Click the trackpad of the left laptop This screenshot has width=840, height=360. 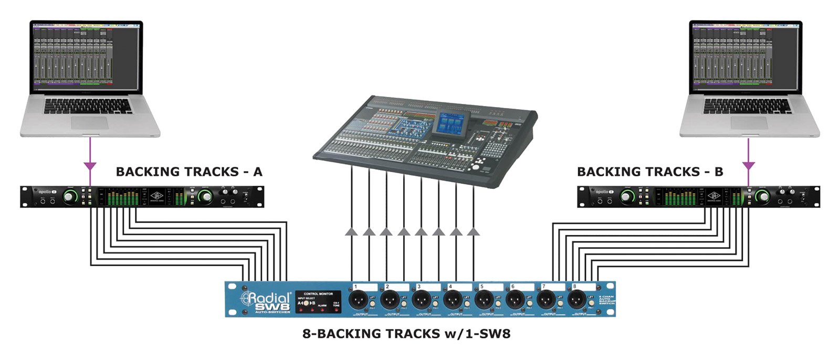tap(89, 123)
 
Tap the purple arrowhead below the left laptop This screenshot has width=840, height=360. tap(90, 166)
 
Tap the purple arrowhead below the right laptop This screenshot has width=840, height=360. tap(748, 166)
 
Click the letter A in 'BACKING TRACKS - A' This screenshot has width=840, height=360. tap(257, 172)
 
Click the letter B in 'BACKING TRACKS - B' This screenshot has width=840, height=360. tap(719, 172)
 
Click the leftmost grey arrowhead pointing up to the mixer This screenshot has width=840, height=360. tap(351, 231)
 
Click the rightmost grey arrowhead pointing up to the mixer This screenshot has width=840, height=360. tap(473, 231)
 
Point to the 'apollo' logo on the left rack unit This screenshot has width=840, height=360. tap(45, 192)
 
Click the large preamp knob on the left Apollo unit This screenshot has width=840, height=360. tap(70, 197)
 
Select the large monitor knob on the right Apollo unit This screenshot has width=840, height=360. tap(762, 197)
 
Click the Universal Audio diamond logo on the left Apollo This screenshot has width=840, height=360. tap(157, 195)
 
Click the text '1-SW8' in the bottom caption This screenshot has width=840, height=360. tap(488, 334)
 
